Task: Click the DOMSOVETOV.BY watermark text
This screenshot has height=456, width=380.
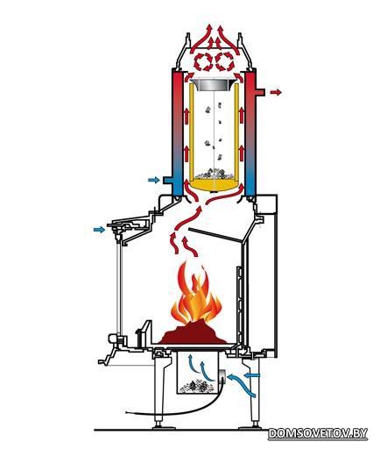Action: tap(318, 433)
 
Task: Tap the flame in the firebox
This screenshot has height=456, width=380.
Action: tap(196, 295)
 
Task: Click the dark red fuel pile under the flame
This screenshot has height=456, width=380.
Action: tap(193, 333)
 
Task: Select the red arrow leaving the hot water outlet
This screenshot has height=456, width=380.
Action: tap(276, 92)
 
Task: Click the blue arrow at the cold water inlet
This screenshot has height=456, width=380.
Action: tap(154, 180)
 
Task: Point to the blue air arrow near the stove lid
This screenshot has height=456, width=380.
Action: tap(99, 230)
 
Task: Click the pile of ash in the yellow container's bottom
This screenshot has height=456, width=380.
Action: tap(214, 174)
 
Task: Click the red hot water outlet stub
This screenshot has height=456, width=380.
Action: tap(260, 92)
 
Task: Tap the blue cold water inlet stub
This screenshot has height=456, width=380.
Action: tap(168, 180)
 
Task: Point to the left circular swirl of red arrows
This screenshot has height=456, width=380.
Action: tap(203, 61)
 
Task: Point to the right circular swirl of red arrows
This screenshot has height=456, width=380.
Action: tap(225, 61)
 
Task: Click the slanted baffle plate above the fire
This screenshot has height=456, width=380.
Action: tap(216, 235)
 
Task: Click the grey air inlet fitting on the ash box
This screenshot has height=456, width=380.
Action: tap(222, 376)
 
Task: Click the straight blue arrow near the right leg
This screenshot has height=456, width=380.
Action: tap(252, 375)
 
